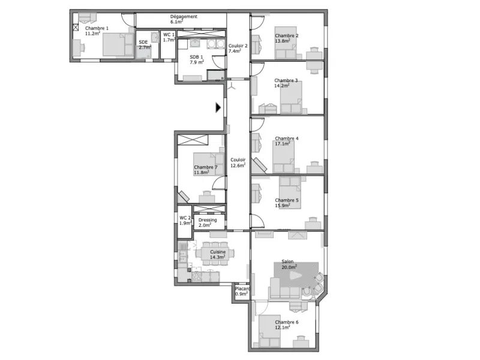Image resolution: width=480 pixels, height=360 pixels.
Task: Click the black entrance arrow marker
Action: (x=218, y=107)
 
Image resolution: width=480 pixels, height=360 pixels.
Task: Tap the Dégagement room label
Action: (x=184, y=17)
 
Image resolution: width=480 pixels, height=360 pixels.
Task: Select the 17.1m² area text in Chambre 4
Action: (x=282, y=143)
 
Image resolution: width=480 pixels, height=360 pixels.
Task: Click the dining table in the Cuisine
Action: (x=215, y=253)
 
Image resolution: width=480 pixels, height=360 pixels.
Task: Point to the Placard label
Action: (x=242, y=289)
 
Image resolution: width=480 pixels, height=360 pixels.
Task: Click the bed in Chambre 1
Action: (x=118, y=44)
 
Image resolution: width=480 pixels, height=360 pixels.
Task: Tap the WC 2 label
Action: (x=185, y=218)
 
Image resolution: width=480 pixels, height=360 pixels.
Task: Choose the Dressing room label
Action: (x=208, y=220)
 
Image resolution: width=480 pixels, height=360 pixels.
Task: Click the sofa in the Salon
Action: (x=284, y=288)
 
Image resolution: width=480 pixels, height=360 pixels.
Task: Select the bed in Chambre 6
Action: (x=269, y=331)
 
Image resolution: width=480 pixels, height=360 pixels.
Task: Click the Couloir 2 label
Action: (x=238, y=46)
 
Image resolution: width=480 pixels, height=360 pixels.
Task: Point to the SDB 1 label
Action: (x=196, y=57)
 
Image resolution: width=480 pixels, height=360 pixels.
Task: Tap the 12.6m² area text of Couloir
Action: (x=238, y=166)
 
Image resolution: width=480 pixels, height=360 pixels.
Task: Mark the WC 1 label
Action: (x=169, y=35)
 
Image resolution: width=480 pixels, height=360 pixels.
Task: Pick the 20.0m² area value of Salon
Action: (x=289, y=267)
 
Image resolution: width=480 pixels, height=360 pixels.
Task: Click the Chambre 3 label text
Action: (x=286, y=80)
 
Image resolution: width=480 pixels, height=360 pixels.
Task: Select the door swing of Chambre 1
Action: (x=128, y=20)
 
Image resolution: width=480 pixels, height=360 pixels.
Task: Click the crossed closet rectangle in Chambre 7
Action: (x=193, y=140)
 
